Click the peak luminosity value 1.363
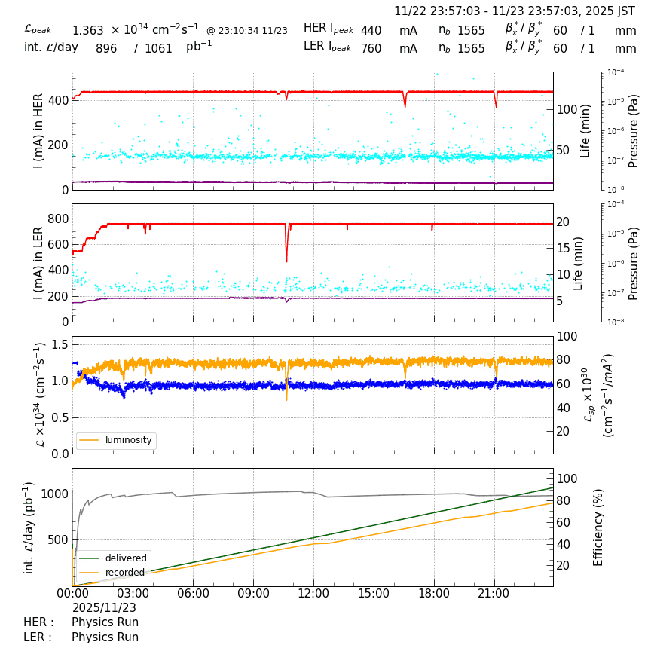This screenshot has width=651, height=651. click(x=87, y=31)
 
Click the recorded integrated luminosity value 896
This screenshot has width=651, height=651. click(x=106, y=48)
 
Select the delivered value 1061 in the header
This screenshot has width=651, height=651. click(x=158, y=48)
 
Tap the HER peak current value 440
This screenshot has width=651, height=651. click(x=371, y=31)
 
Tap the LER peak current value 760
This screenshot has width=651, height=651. click(x=371, y=48)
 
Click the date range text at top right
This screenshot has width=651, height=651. click(x=515, y=11)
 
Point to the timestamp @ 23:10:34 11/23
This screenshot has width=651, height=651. click(x=247, y=31)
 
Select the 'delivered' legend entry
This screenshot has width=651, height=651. click(x=125, y=558)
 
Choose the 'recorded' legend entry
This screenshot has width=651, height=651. click(x=124, y=573)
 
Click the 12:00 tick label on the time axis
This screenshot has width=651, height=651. click(x=313, y=594)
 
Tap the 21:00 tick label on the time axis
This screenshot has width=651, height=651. click(x=494, y=594)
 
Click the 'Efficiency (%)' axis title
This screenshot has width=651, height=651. click(x=599, y=527)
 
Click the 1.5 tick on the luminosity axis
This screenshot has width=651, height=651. click(x=59, y=344)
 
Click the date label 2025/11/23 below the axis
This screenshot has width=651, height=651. click(x=104, y=607)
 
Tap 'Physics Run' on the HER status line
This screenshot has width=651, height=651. click(x=105, y=622)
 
